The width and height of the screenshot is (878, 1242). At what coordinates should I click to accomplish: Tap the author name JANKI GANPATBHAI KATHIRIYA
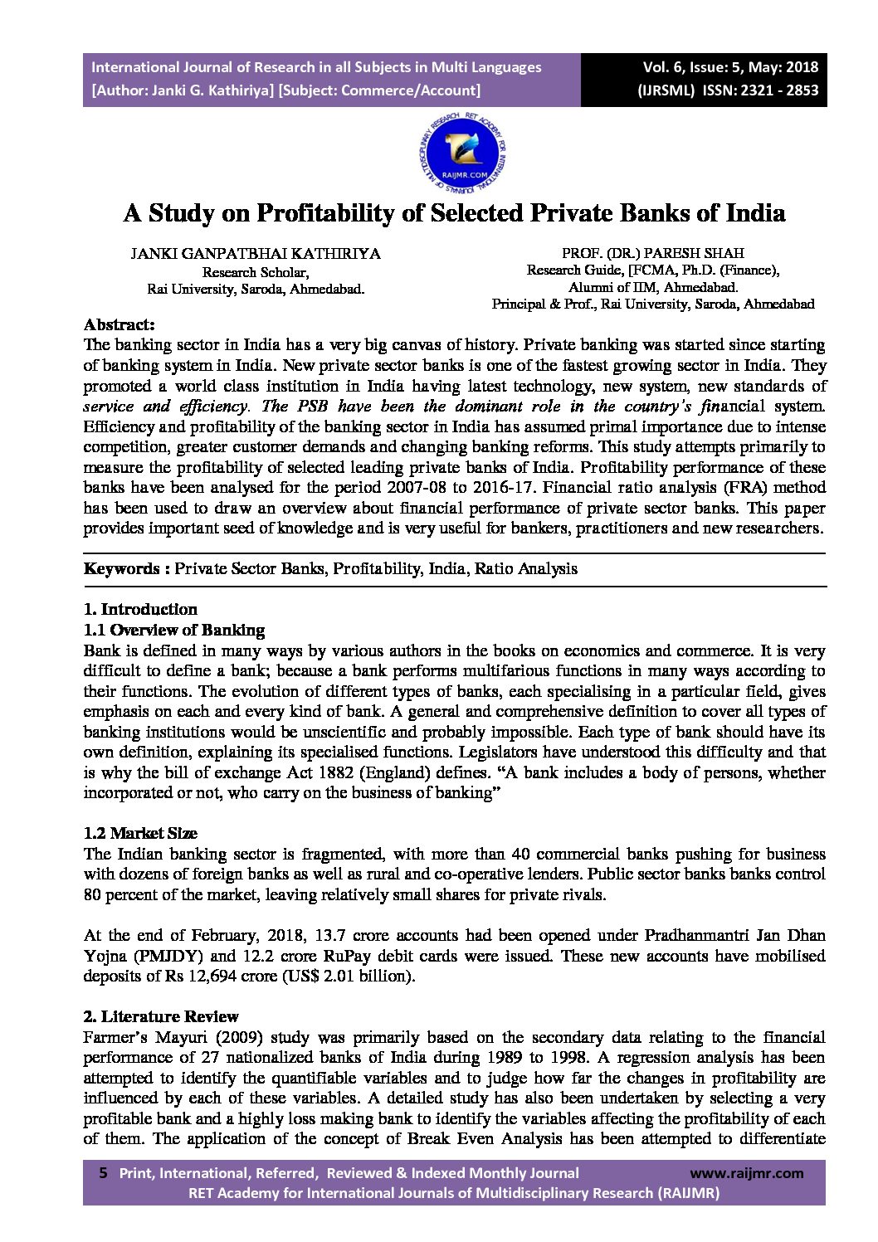tap(256, 254)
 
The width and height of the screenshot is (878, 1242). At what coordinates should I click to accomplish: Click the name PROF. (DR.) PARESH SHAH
tap(652, 253)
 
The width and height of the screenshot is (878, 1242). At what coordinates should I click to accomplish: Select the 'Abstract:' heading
tap(119, 324)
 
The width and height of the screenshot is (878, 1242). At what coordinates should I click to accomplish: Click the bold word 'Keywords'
tap(121, 569)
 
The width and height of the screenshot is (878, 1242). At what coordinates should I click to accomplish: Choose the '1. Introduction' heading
tap(140, 610)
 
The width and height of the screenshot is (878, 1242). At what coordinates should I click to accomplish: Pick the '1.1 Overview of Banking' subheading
tap(174, 631)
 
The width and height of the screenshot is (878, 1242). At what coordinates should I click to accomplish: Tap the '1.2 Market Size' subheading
tap(140, 834)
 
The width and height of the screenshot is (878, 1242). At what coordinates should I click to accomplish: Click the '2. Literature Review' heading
tap(161, 1017)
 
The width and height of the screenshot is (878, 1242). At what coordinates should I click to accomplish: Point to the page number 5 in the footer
tap(103, 1173)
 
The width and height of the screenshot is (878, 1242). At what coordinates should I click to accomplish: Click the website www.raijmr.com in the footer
tap(746, 1173)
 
